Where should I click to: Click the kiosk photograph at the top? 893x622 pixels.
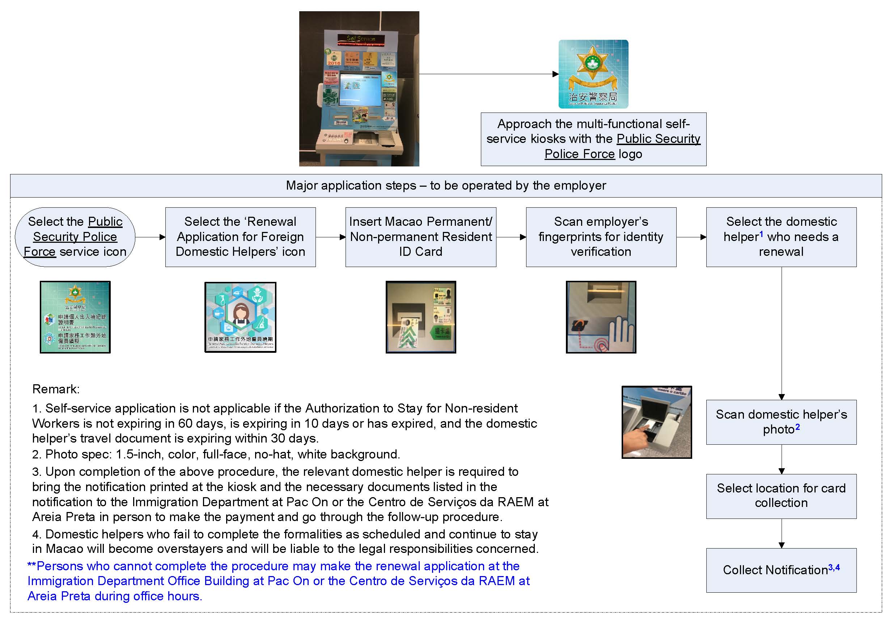[359, 89]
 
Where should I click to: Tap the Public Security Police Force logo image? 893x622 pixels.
[593, 74]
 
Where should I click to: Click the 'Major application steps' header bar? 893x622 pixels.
[446, 186]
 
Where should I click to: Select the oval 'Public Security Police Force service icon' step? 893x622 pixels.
[75, 237]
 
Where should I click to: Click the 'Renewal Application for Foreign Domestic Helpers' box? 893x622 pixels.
[240, 237]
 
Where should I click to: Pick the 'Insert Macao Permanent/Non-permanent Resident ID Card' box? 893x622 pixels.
[420, 237]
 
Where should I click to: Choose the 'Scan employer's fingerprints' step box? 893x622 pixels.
[601, 237]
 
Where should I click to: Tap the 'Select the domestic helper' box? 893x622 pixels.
[781, 237]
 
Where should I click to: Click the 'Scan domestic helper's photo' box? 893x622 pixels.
[781, 422]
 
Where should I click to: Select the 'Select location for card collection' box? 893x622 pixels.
[781, 496]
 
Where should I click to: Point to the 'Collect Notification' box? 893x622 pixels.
[781, 570]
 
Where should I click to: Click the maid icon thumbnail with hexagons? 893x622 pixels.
[240, 317]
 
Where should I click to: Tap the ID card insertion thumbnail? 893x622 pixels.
[420, 317]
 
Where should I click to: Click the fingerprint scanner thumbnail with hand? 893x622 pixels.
[601, 317]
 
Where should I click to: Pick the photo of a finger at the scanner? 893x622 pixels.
[656, 422]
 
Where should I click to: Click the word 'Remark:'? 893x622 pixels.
[56, 389]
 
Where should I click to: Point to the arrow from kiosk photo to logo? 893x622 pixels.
[488, 74]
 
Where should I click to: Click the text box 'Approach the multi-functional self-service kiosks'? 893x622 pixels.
[593, 139]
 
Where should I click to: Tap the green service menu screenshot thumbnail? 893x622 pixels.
[75, 317]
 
